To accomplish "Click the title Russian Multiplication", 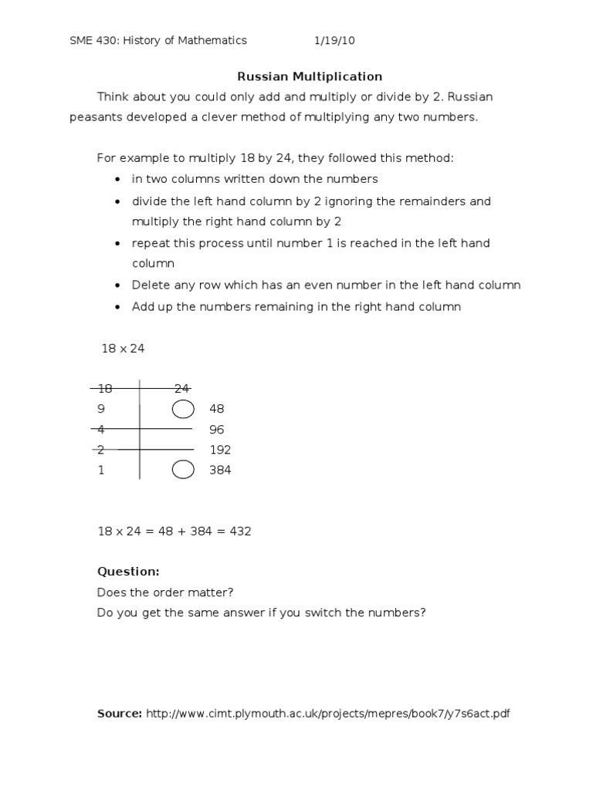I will pyautogui.click(x=309, y=76).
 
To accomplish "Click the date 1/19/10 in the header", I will pyautogui.click(x=334, y=40).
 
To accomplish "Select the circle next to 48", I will pyautogui.click(x=183, y=408).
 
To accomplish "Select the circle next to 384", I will pyautogui.click(x=183, y=470).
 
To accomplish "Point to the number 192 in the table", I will pyautogui.click(x=220, y=450).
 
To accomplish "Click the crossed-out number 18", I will pyautogui.click(x=104, y=388).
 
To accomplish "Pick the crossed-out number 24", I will pyautogui.click(x=181, y=388).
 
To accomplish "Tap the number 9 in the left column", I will pyautogui.click(x=101, y=409).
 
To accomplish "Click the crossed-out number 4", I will pyautogui.click(x=101, y=429).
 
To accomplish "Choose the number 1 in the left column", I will pyautogui.click(x=101, y=470).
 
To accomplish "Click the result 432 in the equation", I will pyautogui.click(x=240, y=532).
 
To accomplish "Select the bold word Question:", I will pyautogui.click(x=128, y=572).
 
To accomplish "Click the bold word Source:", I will pyautogui.click(x=120, y=714).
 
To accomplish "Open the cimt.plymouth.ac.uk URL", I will pyautogui.click(x=328, y=714).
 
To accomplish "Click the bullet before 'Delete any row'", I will pyautogui.click(x=117, y=285).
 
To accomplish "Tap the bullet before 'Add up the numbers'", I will pyautogui.click(x=117, y=307).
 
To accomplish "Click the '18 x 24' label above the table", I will pyautogui.click(x=123, y=349).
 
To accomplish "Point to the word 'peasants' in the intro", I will pyautogui.click(x=96, y=118).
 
